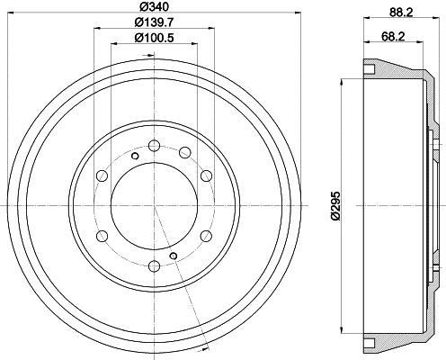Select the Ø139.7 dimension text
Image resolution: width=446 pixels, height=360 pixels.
[154, 22]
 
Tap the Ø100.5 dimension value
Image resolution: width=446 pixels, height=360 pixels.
[154, 38]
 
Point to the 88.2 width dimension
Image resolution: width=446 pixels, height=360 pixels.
[402, 13]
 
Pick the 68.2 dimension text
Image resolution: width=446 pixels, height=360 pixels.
[393, 37]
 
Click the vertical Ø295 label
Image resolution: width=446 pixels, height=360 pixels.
[335, 206]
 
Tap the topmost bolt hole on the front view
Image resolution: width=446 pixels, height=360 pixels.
[155, 146]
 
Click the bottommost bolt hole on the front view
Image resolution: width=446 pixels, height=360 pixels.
[155, 265]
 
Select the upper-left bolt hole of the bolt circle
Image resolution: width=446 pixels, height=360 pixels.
[103, 175]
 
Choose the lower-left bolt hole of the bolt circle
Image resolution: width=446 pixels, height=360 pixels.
[103, 236]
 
